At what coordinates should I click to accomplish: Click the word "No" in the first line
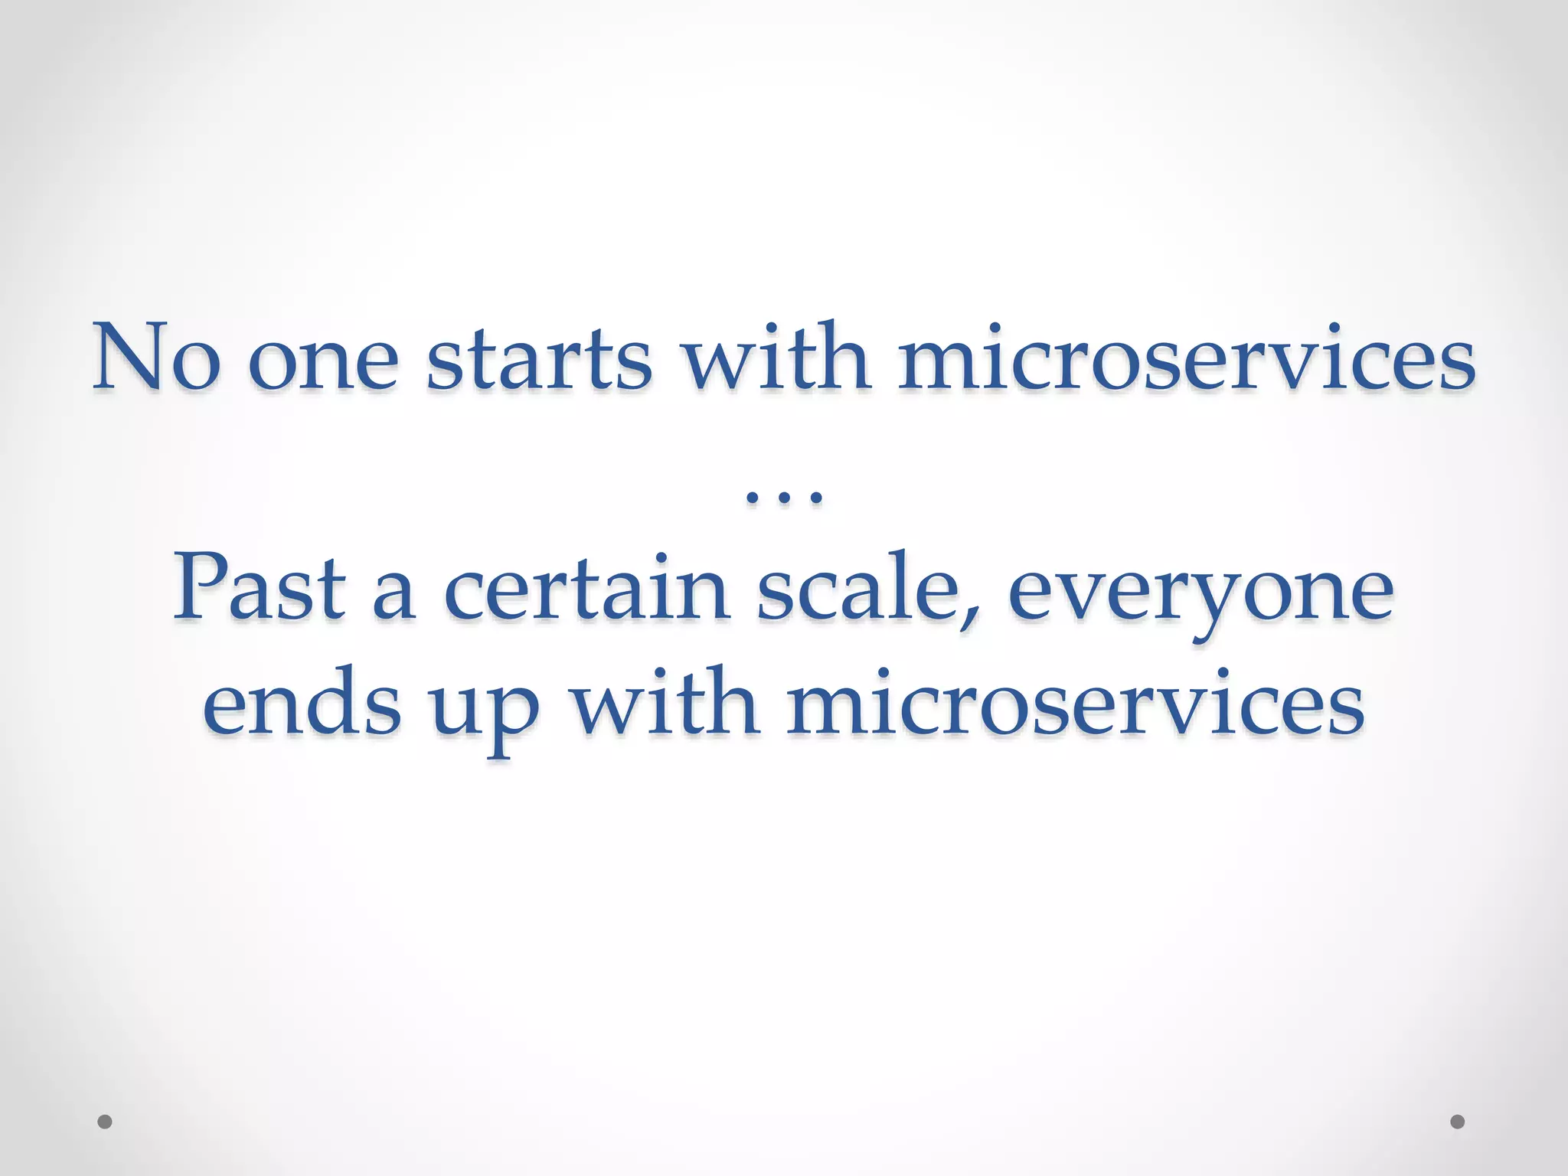[157, 357]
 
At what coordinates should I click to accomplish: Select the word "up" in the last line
[484, 712]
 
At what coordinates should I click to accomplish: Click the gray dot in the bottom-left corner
[105, 1122]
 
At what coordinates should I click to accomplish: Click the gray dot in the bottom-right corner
[1458, 1122]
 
